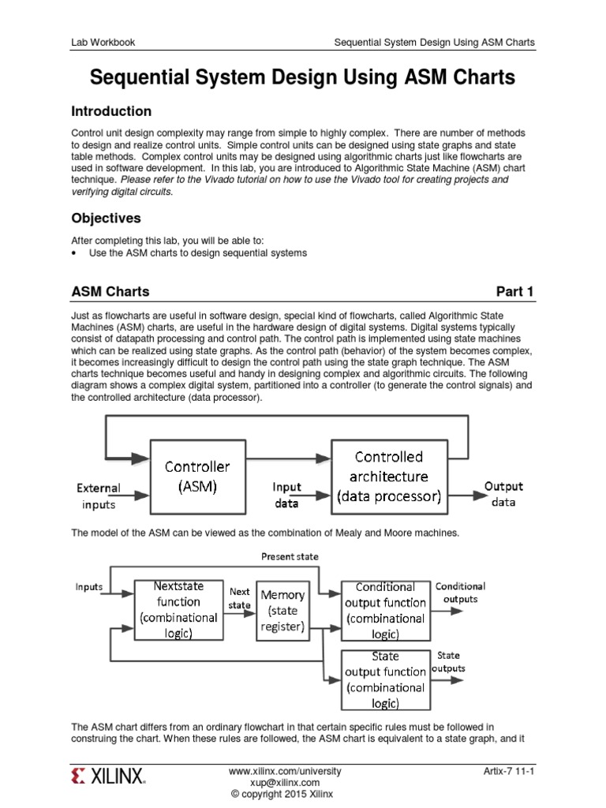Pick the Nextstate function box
point(178,609)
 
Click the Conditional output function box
point(385,610)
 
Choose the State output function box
point(385,679)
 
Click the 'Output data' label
point(503,494)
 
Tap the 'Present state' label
point(290,556)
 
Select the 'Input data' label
point(287,496)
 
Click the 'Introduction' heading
point(111,111)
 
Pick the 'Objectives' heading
point(107,218)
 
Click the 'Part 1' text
point(514,292)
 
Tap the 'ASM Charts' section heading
point(110,292)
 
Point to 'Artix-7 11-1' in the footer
point(509,771)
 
